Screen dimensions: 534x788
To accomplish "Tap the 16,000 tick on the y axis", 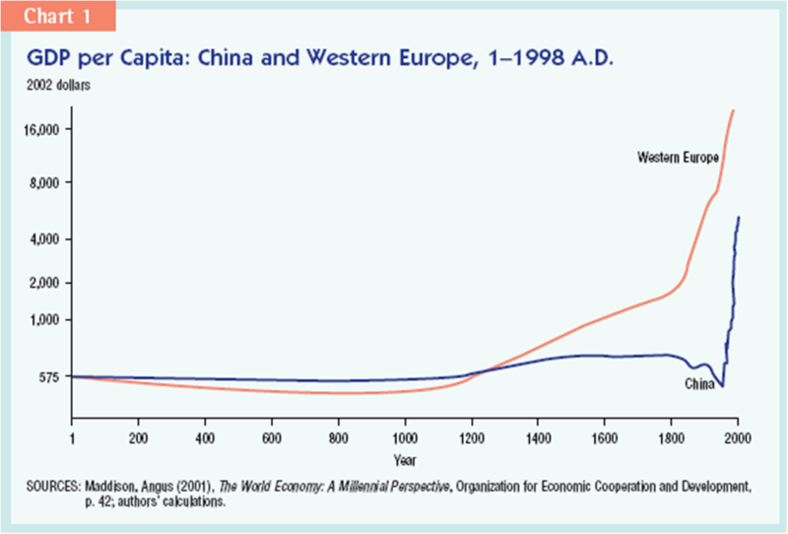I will pyautogui.click(x=42, y=130).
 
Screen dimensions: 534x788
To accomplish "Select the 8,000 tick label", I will pyautogui.click(x=45, y=183).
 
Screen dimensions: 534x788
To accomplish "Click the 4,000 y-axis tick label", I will pyautogui.click(x=45, y=239).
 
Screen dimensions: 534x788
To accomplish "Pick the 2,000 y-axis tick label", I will pyautogui.click(x=45, y=284).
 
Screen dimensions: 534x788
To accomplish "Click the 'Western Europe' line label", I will pyautogui.click(x=679, y=158).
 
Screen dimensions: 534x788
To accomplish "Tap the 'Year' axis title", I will pyautogui.click(x=405, y=459).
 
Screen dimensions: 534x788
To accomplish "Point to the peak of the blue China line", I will pyautogui.click(x=739, y=217).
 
